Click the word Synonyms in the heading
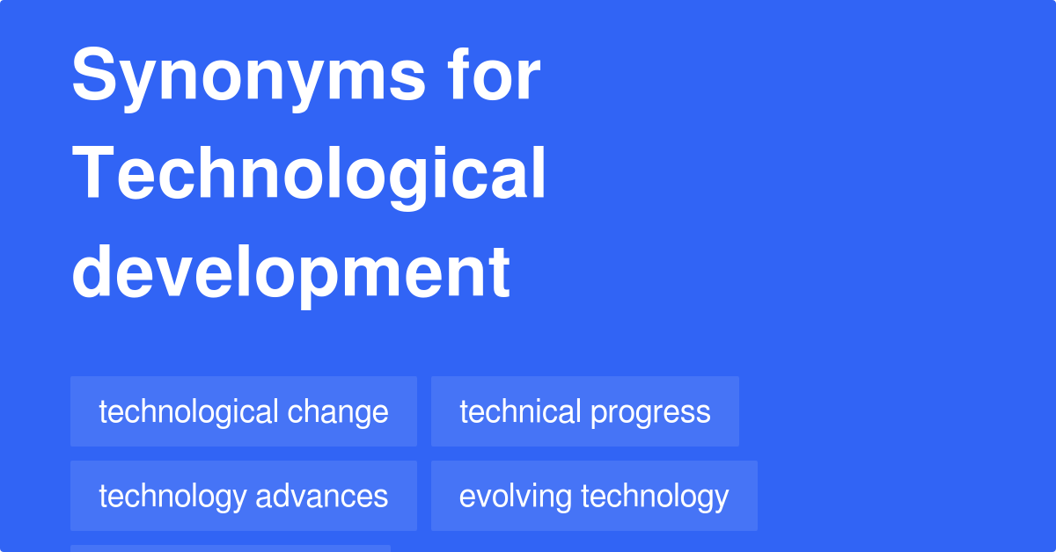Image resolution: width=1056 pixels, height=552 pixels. (249, 77)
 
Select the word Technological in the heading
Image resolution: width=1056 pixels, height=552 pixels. (309, 174)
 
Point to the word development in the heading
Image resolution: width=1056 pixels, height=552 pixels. (290, 271)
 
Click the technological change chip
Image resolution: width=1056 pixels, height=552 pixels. (244, 411)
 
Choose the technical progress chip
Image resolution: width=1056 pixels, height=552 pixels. (584, 411)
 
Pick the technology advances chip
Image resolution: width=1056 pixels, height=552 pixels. (244, 496)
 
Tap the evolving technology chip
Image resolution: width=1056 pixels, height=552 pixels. (594, 496)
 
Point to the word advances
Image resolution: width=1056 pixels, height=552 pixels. (321, 496)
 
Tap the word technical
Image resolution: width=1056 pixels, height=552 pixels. (520, 411)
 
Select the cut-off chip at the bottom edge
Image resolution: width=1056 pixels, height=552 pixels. (231, 548)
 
